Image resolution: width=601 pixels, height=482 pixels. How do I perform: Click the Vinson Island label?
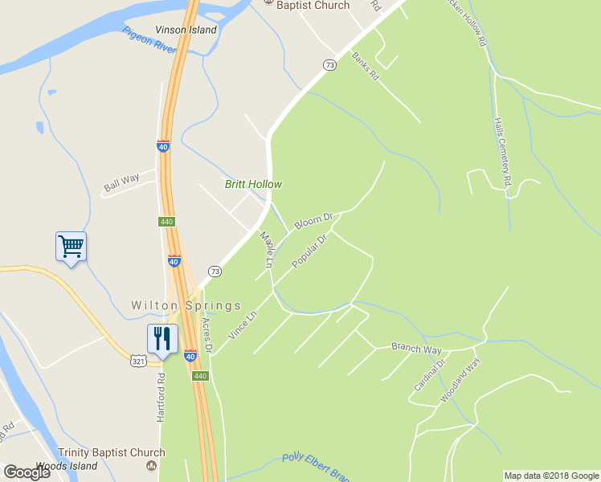[186, 30]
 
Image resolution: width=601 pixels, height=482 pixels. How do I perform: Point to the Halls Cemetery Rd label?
[502, 152]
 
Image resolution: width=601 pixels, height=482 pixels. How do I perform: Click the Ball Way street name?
[121, 182]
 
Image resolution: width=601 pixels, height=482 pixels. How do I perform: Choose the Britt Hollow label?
[253, 184]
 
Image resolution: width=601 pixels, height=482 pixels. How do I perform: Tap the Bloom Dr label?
[313, 221]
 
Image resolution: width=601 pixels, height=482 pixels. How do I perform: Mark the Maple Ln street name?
[267, 249]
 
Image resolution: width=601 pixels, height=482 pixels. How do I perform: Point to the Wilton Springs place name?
[186, 306]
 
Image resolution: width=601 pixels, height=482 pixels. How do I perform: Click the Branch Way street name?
[416, 348]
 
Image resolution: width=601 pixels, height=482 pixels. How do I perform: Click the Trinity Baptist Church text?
[111, 453]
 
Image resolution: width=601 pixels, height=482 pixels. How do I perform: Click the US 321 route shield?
[138, 362]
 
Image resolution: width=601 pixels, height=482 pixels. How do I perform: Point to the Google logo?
[27, 472]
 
